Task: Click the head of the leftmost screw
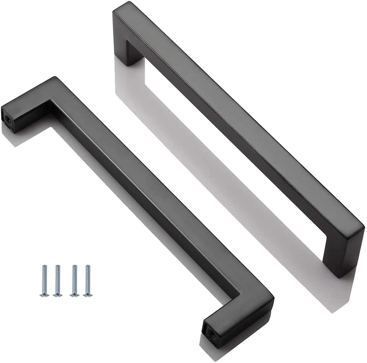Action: tap(45, 294)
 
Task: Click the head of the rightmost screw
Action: tap(87, 294)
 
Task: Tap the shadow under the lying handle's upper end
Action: tap(15, 136)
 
